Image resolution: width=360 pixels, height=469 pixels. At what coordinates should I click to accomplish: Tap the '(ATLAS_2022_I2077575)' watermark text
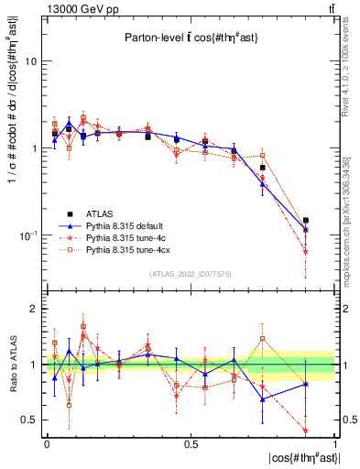[191, 273]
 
